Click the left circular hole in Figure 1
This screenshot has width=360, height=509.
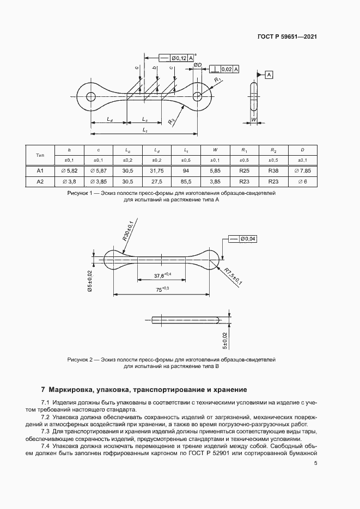point(91,96)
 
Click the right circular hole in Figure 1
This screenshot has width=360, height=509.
point(198,96)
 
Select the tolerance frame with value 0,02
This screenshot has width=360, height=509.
point(223,69)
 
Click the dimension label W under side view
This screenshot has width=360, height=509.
point(253,119)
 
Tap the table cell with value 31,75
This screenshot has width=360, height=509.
point(157,170)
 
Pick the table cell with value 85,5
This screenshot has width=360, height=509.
point(186,182)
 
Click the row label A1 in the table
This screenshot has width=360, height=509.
point(40,170)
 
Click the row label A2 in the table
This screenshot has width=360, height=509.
point(40,182)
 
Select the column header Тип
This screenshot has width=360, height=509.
point(40,155)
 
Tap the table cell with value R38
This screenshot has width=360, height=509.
point(274,170)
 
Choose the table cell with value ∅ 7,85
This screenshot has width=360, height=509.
point(303,170)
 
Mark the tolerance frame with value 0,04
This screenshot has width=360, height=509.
point(243,238)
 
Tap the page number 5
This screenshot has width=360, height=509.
point(316,463)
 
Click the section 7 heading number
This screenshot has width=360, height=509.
point(43,390)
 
